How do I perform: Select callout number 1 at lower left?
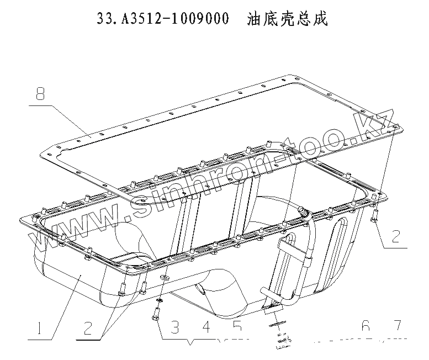click(x=39, y=329)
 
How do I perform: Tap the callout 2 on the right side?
click(x=396, y=236)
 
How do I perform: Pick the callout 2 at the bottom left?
click(x=87, y=328)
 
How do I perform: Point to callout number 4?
click(x=206, y=328)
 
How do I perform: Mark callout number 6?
click(x=365, y=327)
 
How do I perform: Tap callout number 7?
click(x=397, y=327)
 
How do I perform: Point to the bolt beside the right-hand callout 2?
click(x=374, y=217)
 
